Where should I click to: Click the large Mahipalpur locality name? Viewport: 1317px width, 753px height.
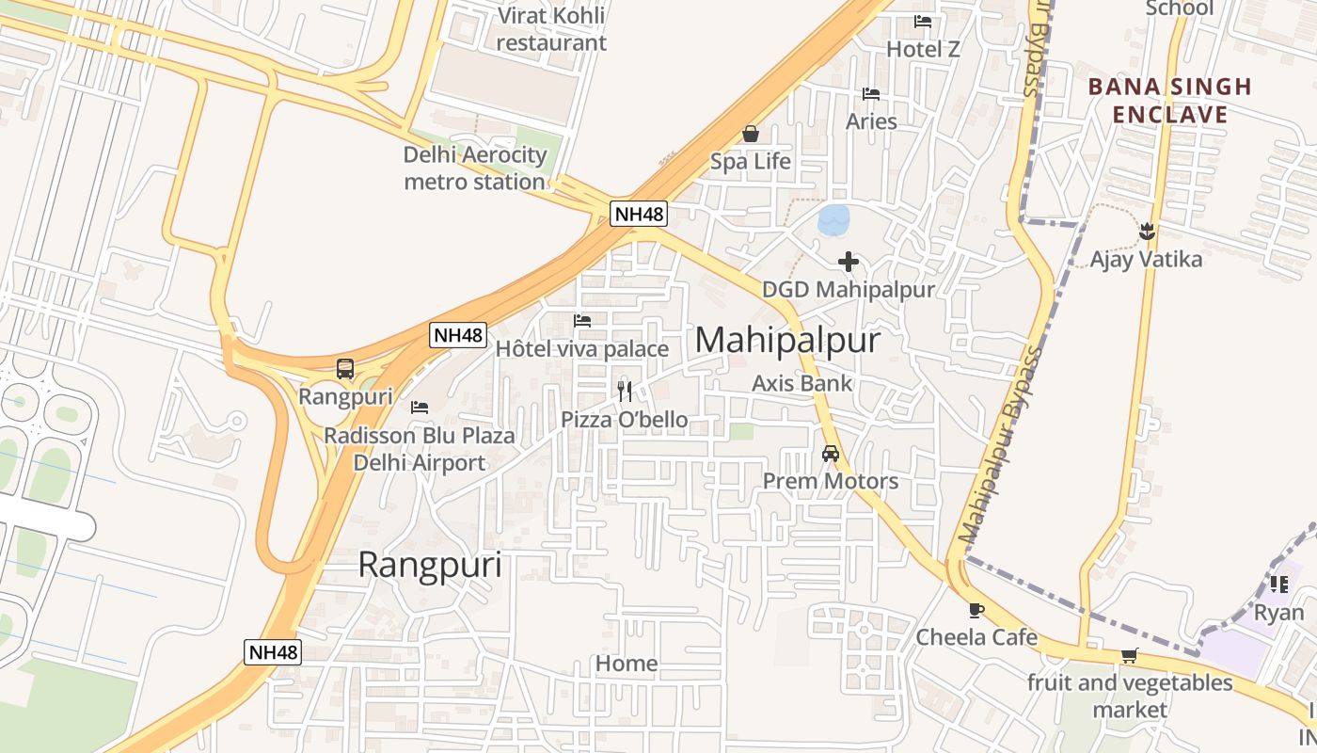pos(787,340)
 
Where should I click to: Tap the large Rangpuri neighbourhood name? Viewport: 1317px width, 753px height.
pos(430,565)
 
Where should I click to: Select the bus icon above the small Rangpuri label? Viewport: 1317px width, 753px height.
pos(345,369)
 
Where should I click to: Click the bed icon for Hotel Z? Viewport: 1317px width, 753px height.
pos(923,22)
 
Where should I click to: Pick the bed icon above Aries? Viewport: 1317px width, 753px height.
pos(871,94)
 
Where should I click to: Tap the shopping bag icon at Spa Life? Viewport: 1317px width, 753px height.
pos(751,135)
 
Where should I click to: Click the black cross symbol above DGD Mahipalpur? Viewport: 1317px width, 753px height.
pos(849,262)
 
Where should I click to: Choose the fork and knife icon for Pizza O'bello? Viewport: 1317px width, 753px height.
pos(625,392)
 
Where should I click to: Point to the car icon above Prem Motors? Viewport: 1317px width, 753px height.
pos(831,454)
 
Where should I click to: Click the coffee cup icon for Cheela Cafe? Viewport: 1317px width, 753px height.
pos(976,611)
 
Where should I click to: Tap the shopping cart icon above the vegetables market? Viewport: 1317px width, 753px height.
pos(1129,656)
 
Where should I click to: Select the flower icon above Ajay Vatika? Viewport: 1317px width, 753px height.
pos(1147,231)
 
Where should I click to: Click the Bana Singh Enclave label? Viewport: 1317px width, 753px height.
pos(1170,101)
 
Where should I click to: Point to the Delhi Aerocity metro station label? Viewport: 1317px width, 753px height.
pos(475,168)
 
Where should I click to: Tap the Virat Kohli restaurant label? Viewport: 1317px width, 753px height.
pos(551,28)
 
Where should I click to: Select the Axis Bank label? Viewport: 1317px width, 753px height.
pos(801,383)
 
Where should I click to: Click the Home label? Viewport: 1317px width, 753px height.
pos(627,664)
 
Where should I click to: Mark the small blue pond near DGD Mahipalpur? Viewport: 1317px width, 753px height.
pos(834,220)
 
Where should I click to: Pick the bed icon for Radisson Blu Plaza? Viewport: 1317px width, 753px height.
pos(420,408)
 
